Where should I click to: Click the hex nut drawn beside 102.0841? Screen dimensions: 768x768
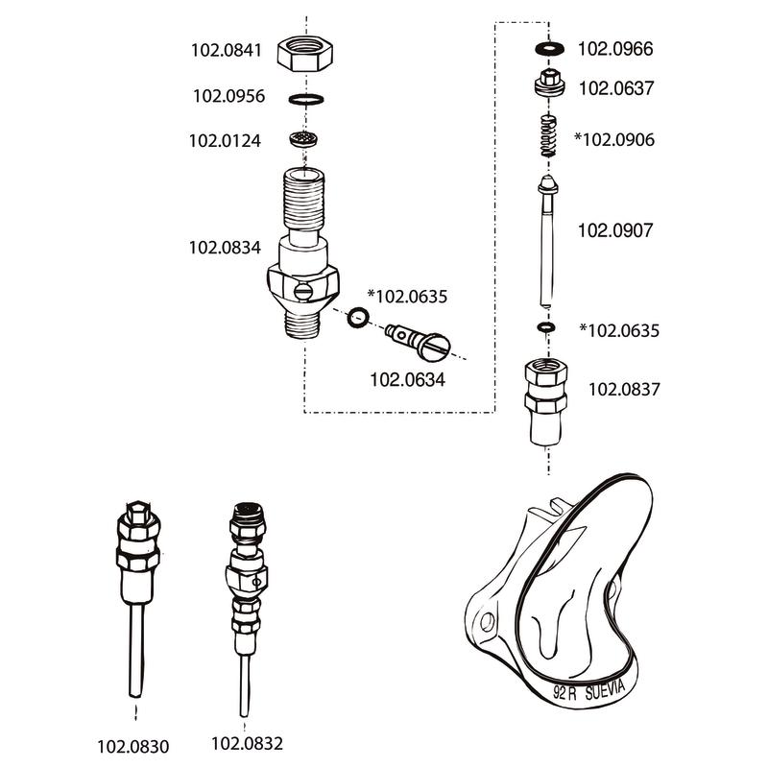pyautogui.click(x=304, y=54)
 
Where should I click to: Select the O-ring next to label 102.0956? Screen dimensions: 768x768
pyautogui.click(x=305, y=100)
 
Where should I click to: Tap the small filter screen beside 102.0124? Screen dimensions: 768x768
pyautogui.click(x=303, y=138)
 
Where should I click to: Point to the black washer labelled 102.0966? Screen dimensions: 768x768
pyautogui.click(x=549, y=49)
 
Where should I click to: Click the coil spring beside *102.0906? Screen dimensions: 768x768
pyautogui.click(x=548, y=135)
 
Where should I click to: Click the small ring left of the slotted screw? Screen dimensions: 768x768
pyautogui.click(x=358, y=318)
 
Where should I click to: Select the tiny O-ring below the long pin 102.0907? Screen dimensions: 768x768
pyautogui.click(x=546, y=326)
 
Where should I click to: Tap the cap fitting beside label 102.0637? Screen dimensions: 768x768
pyautogui.click(x=549, y=84)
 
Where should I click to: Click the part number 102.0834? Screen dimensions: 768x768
pyautogui.click(x=225, y=248)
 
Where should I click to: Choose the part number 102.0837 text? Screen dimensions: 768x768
pyautogui.click(x=624, y=390)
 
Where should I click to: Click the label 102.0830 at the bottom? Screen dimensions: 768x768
pyautogui.click(x=133, y=747)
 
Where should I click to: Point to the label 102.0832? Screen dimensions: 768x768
pyautogui.click(x=248, y=743)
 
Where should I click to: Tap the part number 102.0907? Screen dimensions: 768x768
pyautogui.click(x=615, y=230)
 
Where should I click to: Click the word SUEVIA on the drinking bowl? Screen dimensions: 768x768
pyautogui.click(x=606, y=690)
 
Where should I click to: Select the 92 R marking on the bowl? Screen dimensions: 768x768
pyautogui.click(x=564, y=693)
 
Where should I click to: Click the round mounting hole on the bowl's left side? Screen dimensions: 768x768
pyautogui.click(x=488, y=622)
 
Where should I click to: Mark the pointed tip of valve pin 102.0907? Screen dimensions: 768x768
pyautogui.click(x=547, y=177)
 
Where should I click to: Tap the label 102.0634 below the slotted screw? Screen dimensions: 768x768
pyautogui.click(x=407, y=379)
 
